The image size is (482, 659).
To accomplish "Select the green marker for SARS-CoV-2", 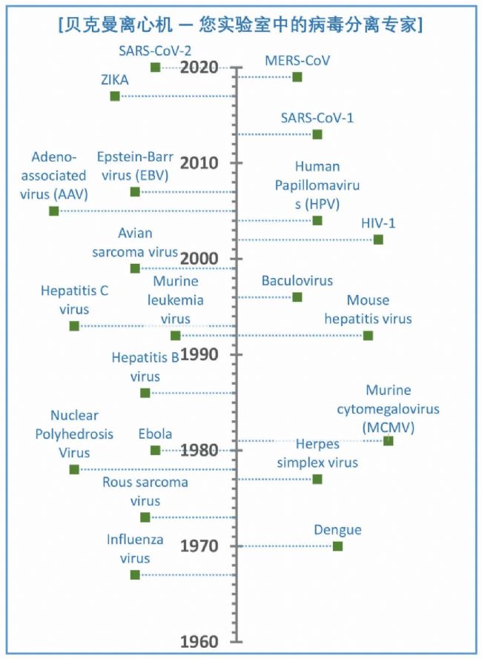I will pos(155,67).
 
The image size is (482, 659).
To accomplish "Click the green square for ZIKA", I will pos(115,96).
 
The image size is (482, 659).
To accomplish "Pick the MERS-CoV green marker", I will pos(297,77).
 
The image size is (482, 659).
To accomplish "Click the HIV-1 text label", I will pos(378,222).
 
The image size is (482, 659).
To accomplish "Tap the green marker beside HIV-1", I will pos(378,239).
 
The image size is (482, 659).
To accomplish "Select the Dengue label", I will pos(337,530).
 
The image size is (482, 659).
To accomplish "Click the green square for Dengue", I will pos(337,546).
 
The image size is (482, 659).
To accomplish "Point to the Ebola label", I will pos(155,434).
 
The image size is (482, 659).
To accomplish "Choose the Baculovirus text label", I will pos(297,281).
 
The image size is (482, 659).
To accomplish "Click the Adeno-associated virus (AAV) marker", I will pos(53,211).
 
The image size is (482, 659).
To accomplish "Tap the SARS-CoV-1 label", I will pos(317,117).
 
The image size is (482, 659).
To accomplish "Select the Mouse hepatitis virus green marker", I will pos(368,336).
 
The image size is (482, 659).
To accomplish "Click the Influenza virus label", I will pos(135,549).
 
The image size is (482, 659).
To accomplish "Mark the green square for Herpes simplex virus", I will pos(317,480).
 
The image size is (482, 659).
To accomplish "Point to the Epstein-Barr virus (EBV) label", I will pos(133,166).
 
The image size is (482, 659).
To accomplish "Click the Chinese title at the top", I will pos(240,24).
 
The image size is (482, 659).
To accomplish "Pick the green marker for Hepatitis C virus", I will pos(74,326).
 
